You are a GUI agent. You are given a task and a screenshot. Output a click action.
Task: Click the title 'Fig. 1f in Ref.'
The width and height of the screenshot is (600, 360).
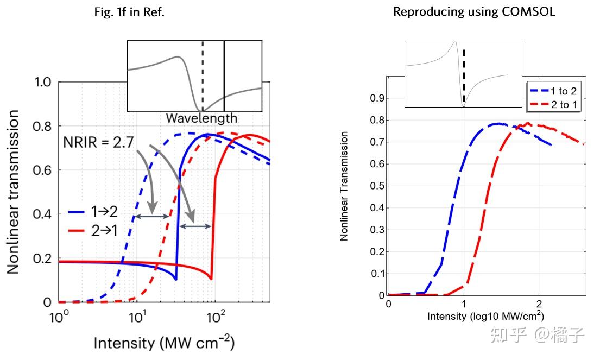coord(129,12)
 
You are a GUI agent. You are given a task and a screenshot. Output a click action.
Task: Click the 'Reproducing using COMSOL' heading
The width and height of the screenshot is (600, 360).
coord(474,12)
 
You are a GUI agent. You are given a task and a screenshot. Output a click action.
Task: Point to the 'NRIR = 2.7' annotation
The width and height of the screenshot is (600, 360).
coord(98,143)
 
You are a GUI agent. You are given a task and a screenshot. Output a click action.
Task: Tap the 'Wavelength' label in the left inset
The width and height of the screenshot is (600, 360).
coord(201,118)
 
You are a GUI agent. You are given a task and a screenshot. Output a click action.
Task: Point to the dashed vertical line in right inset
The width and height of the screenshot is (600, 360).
coord(464,76)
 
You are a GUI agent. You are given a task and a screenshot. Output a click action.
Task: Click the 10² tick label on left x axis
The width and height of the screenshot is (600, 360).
coord(216,316)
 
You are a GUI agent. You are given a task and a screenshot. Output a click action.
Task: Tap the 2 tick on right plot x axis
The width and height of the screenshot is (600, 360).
coord(538,304)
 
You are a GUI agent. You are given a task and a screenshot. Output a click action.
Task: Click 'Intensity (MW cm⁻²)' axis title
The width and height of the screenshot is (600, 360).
coord(164,343)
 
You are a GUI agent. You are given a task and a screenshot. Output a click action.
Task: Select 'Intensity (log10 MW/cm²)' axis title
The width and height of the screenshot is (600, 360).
coord(485,316)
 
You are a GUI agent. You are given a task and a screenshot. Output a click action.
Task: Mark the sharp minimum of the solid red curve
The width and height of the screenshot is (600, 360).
coord(211,279)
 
